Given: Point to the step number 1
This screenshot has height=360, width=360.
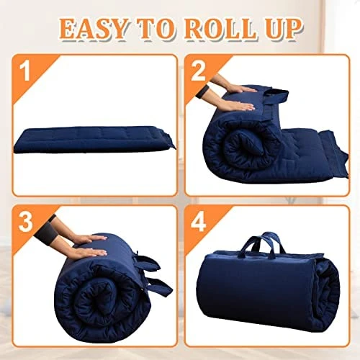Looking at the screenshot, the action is point(24,71).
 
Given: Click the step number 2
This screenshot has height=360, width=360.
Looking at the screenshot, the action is point(198,71).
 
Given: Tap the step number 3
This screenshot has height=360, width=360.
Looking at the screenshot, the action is point(26,222).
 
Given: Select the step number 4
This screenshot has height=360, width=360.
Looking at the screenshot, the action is point(198,222).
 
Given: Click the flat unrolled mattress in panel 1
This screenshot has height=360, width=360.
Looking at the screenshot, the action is point(95,140).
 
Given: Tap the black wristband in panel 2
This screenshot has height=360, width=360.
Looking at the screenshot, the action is point(200,93).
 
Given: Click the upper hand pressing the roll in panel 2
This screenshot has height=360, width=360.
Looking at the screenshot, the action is point(238,89).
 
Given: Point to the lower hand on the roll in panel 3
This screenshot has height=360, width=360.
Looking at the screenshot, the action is point(88,252).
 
